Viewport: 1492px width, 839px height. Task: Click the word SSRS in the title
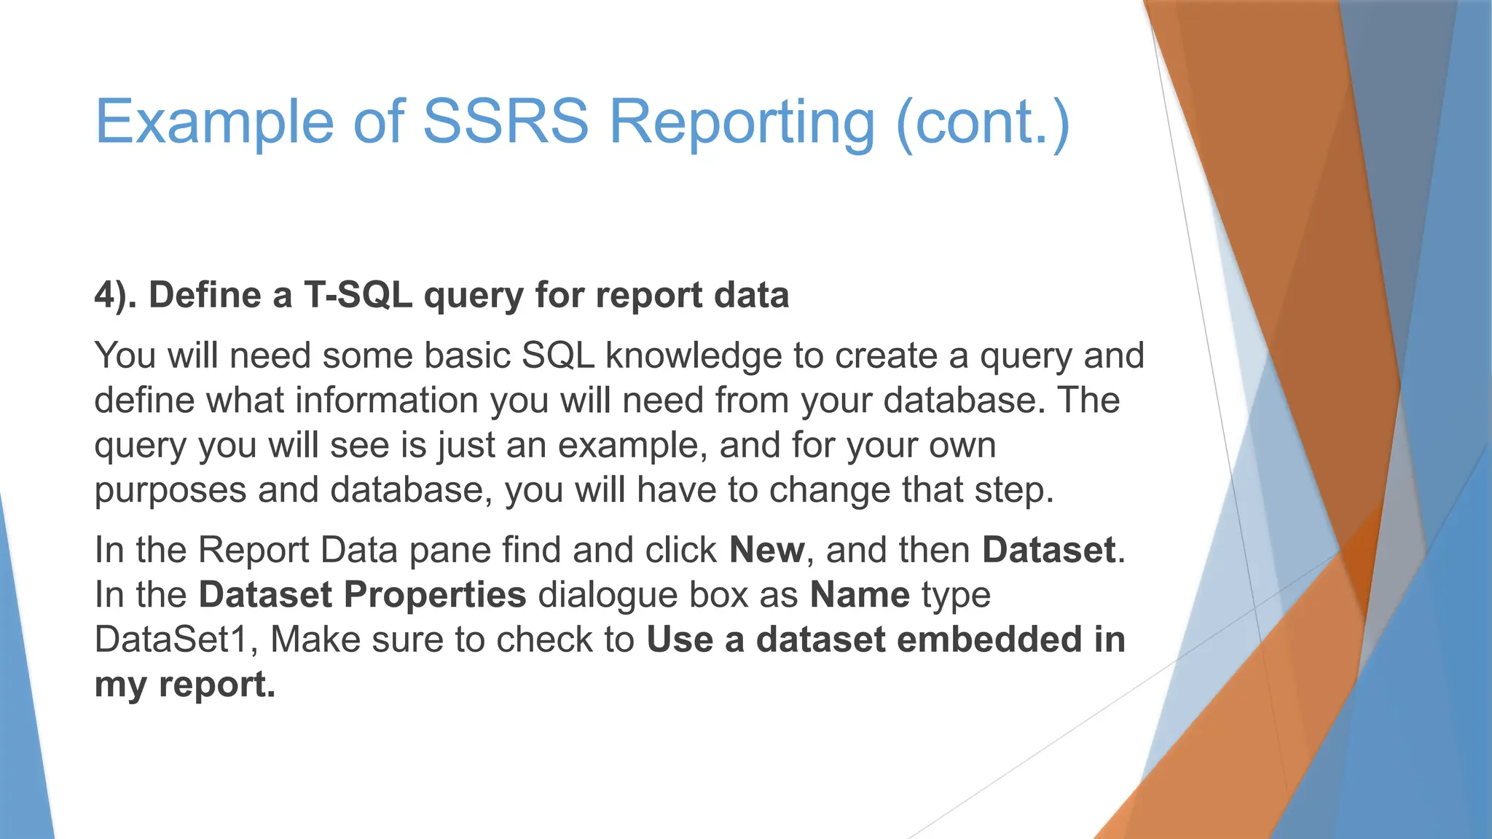505,121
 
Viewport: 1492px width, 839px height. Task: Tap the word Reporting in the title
742,121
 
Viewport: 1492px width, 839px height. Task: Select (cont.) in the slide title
983,121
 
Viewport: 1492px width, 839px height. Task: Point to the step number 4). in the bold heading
115,296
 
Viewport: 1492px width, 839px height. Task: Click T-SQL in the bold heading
358,296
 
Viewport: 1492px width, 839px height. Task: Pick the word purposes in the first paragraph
170,490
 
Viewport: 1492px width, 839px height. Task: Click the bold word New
767,550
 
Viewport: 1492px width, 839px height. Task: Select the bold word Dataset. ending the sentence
1053,550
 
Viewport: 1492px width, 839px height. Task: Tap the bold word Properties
435,595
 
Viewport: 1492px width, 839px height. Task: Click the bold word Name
860,595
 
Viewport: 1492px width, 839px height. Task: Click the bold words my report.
185,685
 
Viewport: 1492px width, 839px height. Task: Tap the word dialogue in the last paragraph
607,595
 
